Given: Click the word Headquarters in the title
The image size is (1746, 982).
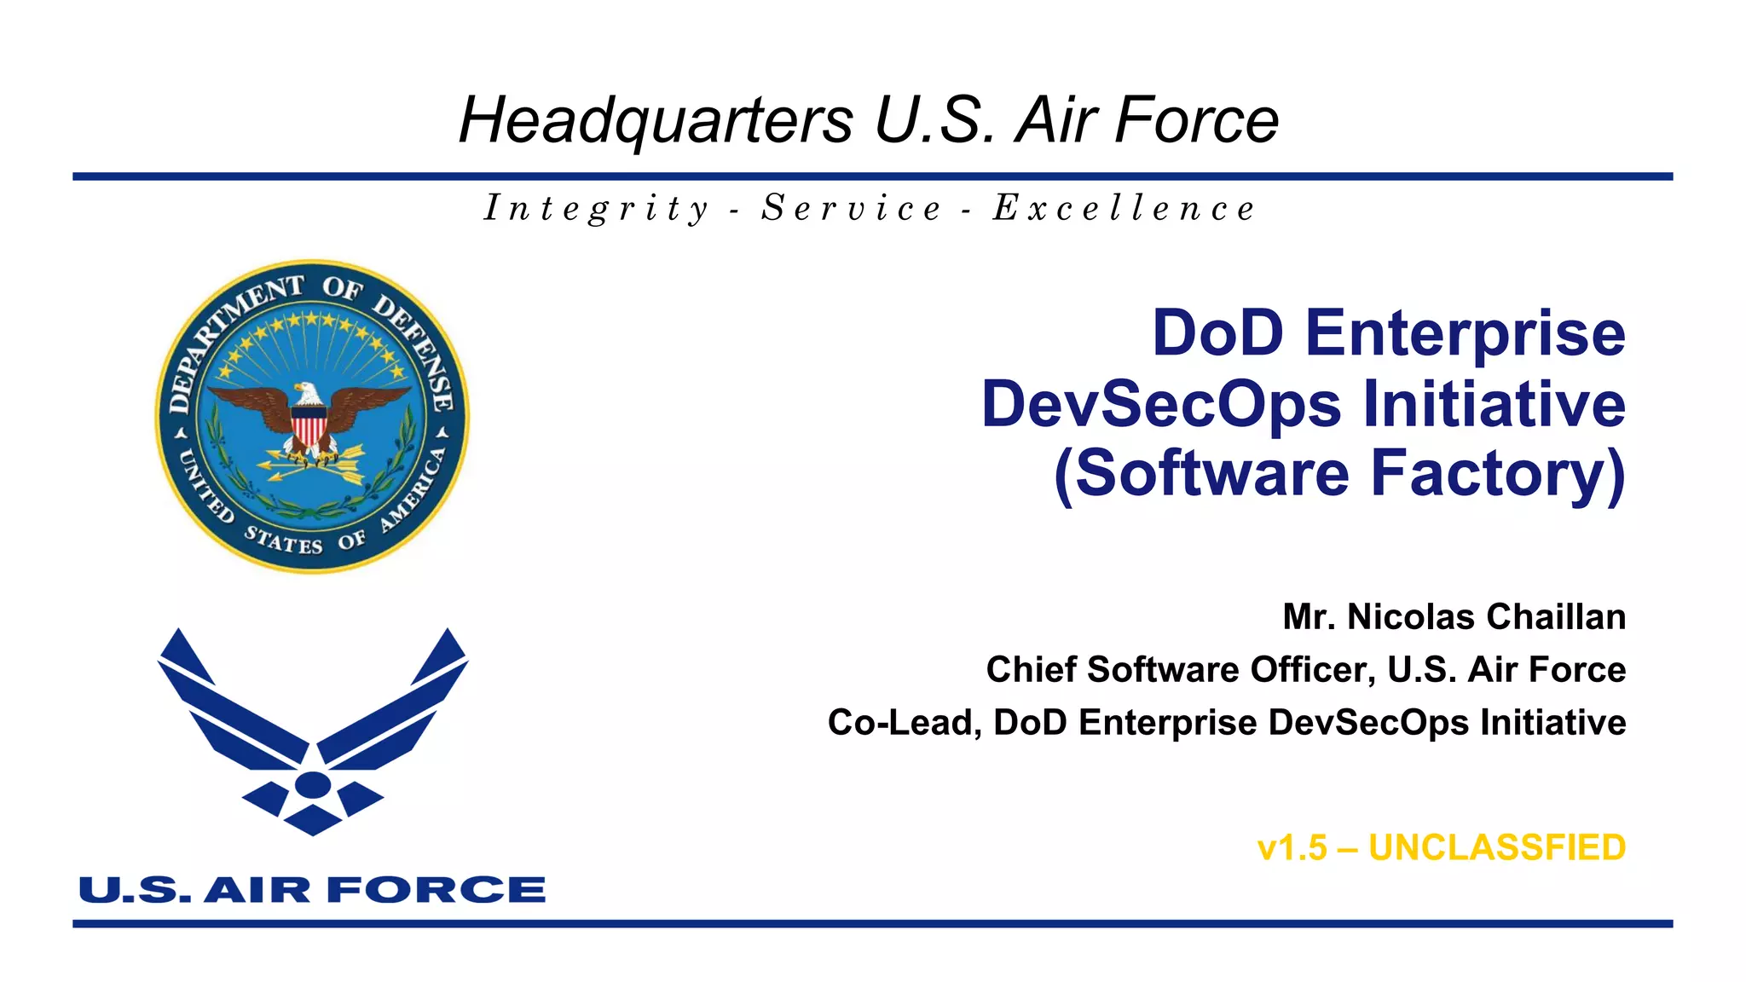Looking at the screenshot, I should (x=656, y=120).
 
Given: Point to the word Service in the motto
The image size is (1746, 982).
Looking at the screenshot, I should (x=852, y=209).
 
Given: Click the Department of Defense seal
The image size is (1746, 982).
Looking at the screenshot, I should (x=312, y=417).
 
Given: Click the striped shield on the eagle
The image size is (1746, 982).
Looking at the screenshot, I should (x=309, y=424).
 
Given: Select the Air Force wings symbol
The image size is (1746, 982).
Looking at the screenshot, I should (x=313, y=729).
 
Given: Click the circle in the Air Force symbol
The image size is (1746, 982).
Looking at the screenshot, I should (x=313, y=784).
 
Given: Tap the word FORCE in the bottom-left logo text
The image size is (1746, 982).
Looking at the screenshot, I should (x=436, y=890).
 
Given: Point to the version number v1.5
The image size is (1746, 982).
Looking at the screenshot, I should (x=1292, y=848).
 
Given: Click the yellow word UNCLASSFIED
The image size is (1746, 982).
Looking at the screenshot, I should (x=1497, y=848).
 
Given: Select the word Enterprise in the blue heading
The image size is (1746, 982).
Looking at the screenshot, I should (x=1465, y=334).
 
